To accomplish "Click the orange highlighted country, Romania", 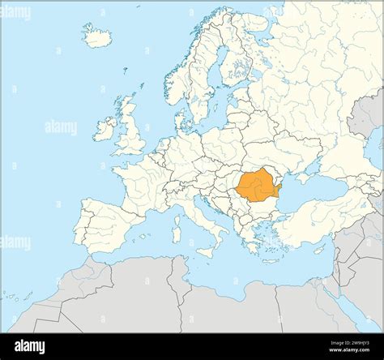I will pos(257,186).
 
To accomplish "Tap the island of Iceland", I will pos(98,36).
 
